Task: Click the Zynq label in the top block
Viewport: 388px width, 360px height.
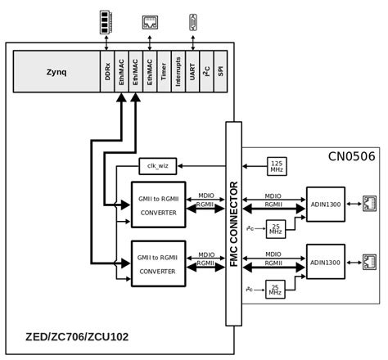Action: point(56,72)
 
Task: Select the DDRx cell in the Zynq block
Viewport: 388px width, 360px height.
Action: point(107,72)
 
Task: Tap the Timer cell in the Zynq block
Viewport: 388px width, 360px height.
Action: point(164,72)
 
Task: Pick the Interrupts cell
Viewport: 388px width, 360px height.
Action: point(178,72)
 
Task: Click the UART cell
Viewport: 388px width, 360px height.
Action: point(192,72)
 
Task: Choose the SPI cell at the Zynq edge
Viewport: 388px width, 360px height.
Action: point(220,72)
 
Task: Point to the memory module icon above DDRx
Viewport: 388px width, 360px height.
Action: point(105,22)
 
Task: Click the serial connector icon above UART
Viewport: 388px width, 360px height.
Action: point(193,22)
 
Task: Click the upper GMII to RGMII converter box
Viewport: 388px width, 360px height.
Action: point(158,205)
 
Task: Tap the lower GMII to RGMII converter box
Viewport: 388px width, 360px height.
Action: point(158,263)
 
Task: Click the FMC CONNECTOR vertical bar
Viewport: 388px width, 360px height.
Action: point(233,223)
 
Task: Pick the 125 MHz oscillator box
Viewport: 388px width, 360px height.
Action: point(277,166)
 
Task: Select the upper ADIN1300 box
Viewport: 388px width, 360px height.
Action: point(325,204)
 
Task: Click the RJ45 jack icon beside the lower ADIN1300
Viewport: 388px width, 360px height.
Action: point(369,262)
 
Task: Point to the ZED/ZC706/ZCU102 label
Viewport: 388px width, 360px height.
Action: point(77,336)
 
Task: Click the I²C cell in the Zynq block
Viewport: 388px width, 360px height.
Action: point(206,72)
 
